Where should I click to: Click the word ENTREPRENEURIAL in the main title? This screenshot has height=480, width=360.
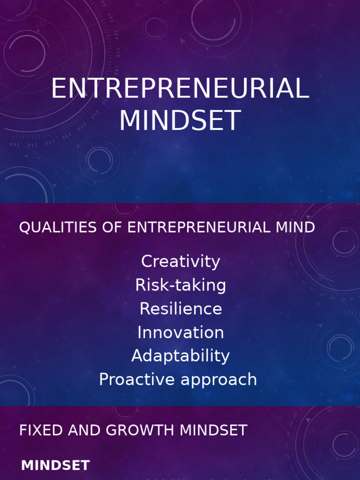(x=180, y=89)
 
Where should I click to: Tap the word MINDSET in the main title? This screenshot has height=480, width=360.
(x=180, y=120)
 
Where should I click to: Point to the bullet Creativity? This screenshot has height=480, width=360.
(x=180, y=262)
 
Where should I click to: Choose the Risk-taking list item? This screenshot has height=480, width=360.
(x=180, y=285)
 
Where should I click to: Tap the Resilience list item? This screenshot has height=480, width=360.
(x=180, y=309)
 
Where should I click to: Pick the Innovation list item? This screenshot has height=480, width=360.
(x=180, y=332)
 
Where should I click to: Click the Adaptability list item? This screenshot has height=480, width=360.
(x=180, y=356)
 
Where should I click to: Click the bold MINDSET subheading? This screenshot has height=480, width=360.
(x=55, y=466)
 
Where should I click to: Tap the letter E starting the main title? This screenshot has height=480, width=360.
(x=58, y=89)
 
